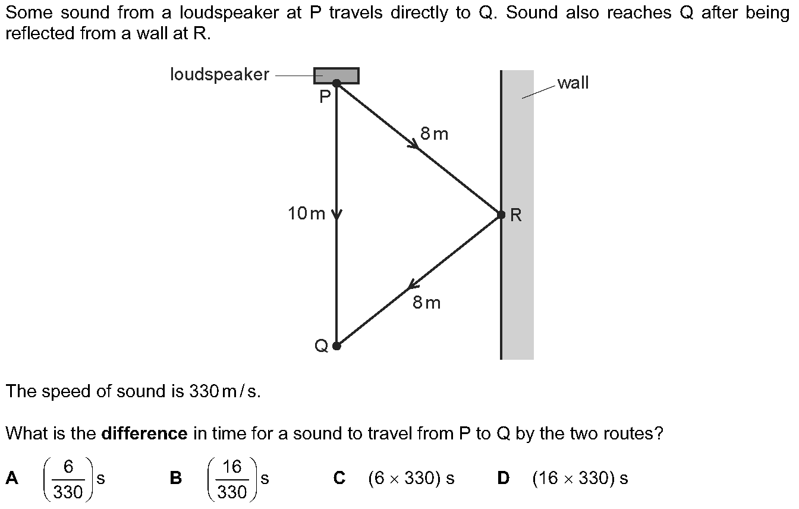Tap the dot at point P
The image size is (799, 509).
336,83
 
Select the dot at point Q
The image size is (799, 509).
336,345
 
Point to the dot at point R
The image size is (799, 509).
501,215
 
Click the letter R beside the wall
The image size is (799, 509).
516,215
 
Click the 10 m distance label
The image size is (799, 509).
307,214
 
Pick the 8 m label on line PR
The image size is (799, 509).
434,134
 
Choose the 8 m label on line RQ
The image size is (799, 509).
427,303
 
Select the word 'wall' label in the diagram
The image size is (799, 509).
573,83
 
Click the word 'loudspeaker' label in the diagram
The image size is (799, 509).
219,75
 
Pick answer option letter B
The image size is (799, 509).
175,478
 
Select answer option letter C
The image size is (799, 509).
339,478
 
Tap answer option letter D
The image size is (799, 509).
503,478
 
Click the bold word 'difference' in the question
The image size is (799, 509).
144,433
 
